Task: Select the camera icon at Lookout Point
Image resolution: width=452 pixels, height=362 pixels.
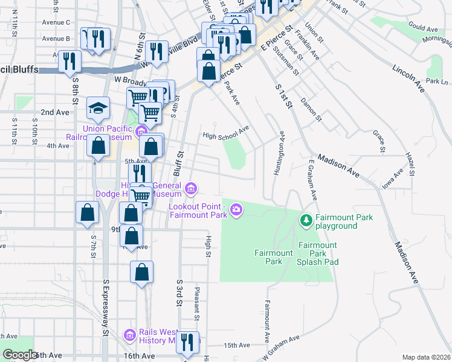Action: coord(236,209)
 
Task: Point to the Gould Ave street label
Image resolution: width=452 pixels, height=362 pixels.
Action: coord(423,28)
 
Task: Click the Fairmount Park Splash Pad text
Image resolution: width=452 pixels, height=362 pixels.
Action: coord(317,253)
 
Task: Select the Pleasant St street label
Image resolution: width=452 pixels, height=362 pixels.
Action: coord(197,303)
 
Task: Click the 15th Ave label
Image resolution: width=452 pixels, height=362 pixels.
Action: coord(237,345)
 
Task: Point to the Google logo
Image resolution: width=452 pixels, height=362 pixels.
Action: coord(21,355)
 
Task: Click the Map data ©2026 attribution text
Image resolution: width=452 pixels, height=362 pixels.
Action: coord(427,357)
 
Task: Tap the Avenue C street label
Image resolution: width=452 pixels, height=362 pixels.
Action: coord(56,22)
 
